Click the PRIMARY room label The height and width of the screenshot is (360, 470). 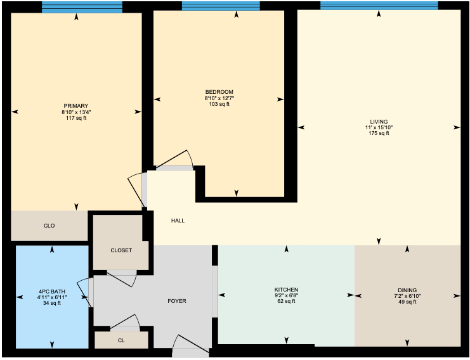pyautogui.click(x=76, y=106)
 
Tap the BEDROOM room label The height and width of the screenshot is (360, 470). pyautogui.click(x=219, y=92)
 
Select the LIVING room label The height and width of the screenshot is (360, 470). pyautogui.click(x=379, y=122)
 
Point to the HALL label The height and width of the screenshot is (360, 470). pyautogui.click(x=178, y=221)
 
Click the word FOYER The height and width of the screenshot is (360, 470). pyautogui.click(x=177, y=301)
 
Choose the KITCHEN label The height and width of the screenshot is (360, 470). pyautogui.click(x=286, y=290)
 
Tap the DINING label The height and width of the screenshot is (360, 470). pyautogui.click(x=407, y=290)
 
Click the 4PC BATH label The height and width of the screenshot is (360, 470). pyautogui.click(x=52, y=292)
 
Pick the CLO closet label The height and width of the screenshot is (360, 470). pyautogui.click(x=49, y=226)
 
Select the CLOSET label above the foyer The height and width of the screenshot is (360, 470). pyautogui.click(x=121, y=250)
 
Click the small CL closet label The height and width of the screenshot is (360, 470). pyautogui.click(x=121, y=340)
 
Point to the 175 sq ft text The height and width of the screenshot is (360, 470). pyautogui.click(x=379, y=133)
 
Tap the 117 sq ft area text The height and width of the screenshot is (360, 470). pyautogui.click(x=76, y=118)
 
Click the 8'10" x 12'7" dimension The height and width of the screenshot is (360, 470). pyautogui.click(x=219, y=98)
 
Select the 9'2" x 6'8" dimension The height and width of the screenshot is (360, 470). pyautogui.click(x=286, y=295)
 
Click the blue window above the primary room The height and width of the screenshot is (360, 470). pyautogui.click(x=82, y=7)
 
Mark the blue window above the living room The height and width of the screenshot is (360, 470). pyautogui.click(x=379, y=6)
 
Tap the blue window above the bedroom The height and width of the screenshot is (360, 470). pyautogui.click(x=221, y=6)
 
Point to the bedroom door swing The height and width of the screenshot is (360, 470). pyautogui.click(x=175, y=160)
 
